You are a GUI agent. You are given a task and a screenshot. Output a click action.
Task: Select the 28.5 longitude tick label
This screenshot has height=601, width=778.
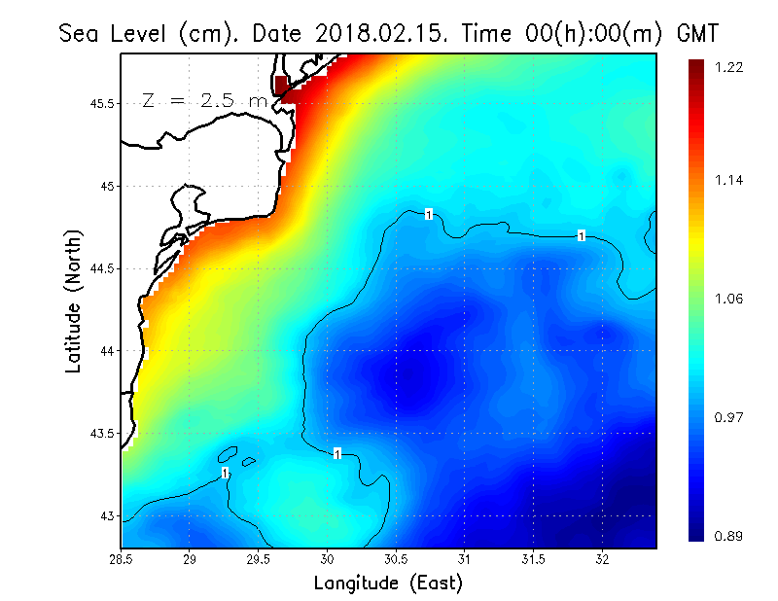[x=122, y=559]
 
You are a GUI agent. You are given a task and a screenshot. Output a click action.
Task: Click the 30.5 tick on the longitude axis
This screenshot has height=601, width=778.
[x=396, y=559]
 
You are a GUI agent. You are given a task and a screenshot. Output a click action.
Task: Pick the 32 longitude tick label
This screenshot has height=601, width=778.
[x=602, y=559]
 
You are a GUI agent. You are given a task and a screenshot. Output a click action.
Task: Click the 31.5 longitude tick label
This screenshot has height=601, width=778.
[x=533, y=559]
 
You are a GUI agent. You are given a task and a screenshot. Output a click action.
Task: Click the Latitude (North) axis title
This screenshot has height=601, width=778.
[x=74, y=301]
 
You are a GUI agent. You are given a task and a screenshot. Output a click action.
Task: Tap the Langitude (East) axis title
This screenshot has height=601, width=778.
[x=388, y=583]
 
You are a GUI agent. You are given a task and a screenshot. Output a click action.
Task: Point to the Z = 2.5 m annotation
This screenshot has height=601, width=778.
[x=203, y=100]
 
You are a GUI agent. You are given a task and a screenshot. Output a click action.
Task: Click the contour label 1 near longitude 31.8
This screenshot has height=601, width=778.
[x=581, y=235]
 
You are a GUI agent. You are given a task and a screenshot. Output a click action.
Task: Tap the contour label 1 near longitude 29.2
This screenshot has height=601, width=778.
[x=225, y=473]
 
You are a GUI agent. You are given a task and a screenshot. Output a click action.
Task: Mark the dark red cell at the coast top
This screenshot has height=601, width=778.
[x=282, y=85]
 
